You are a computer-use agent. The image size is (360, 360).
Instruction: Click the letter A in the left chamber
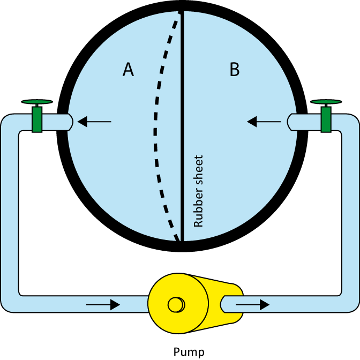click(x=128, y=69)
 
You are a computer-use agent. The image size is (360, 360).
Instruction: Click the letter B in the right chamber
click(x=235, y=69)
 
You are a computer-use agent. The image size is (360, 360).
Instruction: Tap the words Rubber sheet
click(x=198, y=191)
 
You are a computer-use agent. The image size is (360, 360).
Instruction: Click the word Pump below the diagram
click(x=189, y=352)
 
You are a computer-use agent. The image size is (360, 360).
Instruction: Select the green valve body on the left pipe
click(x=37, y=119)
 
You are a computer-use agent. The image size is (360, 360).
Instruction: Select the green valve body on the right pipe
click(x=326, y=119)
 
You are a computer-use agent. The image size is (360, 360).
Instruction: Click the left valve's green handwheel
click(x=37, y=102)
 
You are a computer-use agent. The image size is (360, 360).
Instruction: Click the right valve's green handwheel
click(x=326, y=102)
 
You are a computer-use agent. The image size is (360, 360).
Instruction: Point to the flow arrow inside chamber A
click(x=94, y=122)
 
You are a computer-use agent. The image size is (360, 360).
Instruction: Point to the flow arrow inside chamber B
click(x=264, y=122)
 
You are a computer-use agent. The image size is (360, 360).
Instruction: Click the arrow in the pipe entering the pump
click(x=103, y=305)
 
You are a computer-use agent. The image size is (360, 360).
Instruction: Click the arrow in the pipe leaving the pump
click(x=252, y=305)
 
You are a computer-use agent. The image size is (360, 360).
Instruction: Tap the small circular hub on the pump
click(x=176, y=305)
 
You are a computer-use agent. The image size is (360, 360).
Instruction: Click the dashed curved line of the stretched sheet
click(x=155, y=129)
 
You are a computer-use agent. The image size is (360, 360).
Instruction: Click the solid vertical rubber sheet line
click(x=182, y=126)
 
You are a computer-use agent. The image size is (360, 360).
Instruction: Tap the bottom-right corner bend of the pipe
click(x=350, y=304)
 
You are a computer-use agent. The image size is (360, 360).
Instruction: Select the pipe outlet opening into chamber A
click(x=70, y=122)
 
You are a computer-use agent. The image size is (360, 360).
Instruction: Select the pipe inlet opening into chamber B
click(x=290, y=122)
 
